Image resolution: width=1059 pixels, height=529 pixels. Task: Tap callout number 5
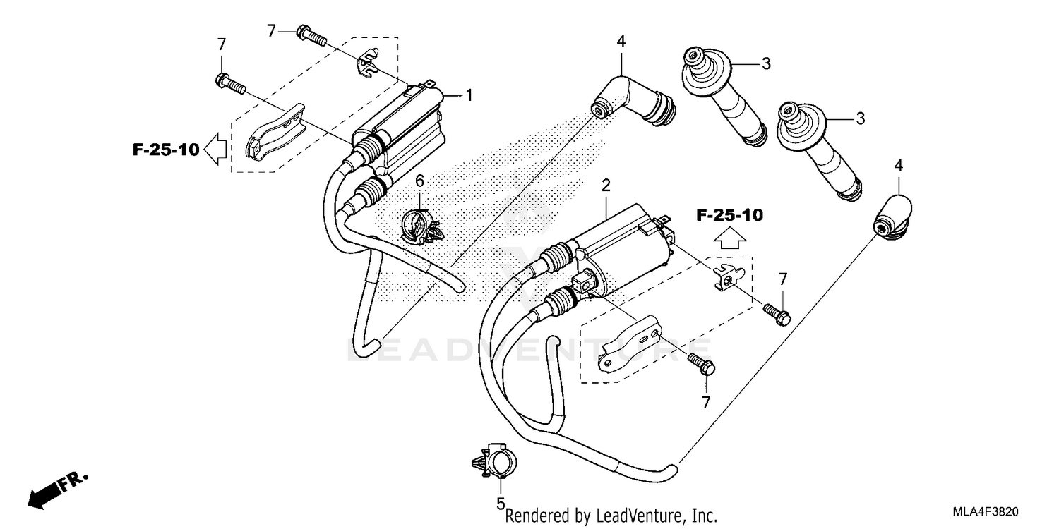[x=500, y=504]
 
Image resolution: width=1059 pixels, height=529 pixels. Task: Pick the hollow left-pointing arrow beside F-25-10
[x=216, y=149]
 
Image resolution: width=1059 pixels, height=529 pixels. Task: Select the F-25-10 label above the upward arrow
[x=729, y=216]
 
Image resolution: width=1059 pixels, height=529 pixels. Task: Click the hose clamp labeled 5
[x=498, y=463]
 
